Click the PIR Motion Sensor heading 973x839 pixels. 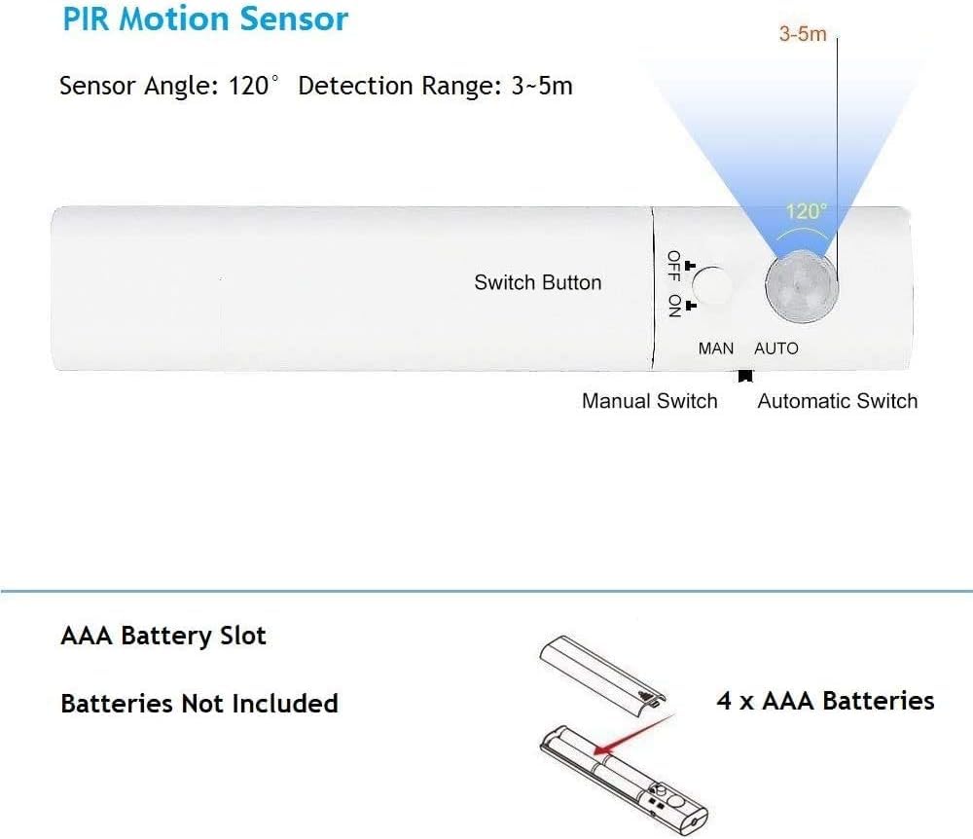click(205, 18)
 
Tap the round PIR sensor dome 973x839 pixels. click(802, 287)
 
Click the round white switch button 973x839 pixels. click(712, 286)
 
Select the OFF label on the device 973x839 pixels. click(674, 266)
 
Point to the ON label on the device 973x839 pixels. click(674, 306)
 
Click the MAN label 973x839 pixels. click(715, 348)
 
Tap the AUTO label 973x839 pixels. click(776, 348)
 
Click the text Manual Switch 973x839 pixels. click(650, 401)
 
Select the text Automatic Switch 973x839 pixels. click(837, 401)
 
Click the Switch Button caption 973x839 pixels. click(538, 282)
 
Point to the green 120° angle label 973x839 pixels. click(806, 211)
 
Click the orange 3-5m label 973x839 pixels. click(803, 33)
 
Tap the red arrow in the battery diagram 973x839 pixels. click(634, 735)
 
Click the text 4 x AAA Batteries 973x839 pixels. click(825, 701)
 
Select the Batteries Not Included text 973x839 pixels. click(199, 704)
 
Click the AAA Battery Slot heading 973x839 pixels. click(163, 637)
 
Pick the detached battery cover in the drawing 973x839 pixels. click(602, 675)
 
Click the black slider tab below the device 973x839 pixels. click(745, 376)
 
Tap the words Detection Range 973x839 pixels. click(400, 86)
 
